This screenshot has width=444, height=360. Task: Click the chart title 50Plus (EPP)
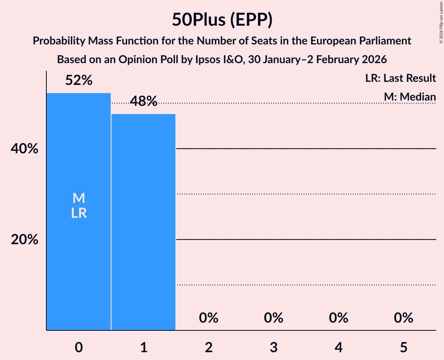[222, 20]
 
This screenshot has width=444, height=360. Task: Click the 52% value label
[79, 81]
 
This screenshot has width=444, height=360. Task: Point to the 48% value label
[143, 102]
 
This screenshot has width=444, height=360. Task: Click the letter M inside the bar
[79, 198]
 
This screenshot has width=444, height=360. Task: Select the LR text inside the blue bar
[79, 213]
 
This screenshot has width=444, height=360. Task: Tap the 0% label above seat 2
[209, 318]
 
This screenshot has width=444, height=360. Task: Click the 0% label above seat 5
[403, 318]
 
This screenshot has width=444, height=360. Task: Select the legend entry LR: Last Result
[400, 78]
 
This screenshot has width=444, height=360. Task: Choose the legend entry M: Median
[409, 97]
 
